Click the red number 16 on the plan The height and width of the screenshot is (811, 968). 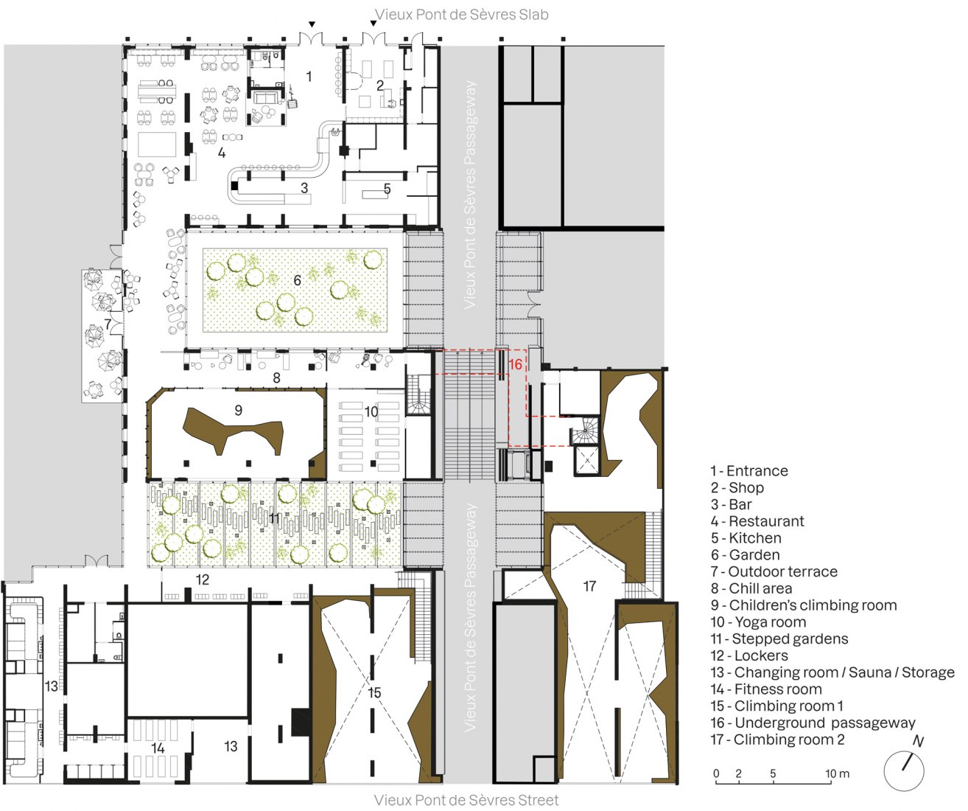pyautogui.click(x=515, y=364)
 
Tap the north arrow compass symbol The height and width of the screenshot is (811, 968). pyautogui.click(x=904, y=770)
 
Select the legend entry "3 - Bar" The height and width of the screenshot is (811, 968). pyautogui.click(x=731, y=504)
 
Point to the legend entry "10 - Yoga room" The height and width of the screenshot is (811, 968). pyautogui.click(x=758, y=622)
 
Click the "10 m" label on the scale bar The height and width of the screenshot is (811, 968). pyautogui.click(x=837, y=773)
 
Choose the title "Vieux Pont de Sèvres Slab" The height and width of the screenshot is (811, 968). pyautogui.click(x=462, y=14)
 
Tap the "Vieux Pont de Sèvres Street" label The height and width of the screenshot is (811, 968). pyautogui.click(x=466, y=800)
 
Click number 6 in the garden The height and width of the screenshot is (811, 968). pyautogui.click(x=298, y=280)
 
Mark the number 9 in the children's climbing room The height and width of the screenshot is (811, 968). pyautogui.click(x=238, y=410)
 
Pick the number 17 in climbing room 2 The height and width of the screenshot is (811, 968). pyautogui.click(x=589, y=586)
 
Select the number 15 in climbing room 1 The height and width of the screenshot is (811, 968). pyautogui.click(x=374, y=692)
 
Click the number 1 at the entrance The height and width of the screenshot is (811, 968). pyautogui.click(x=309, y=76)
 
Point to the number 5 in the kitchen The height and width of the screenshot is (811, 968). pyautogui.click(x=387, y=189)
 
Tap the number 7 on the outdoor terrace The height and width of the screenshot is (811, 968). pyautogui.click(x=108, y=324)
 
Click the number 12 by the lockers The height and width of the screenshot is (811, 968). pyautogui.click(x=203, y=580)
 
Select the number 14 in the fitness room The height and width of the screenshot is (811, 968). pyautogui.click(x=158, y=748)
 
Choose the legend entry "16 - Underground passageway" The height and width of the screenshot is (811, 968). pyautogui.click(x=813, y=723)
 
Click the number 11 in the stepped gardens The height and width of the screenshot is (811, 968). pyautogui.click(x=275, y=518)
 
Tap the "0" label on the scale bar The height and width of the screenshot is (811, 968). pyautogui.click(x=716, y=773)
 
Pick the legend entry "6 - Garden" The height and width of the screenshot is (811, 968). pyautogui.click(x=745, y=554)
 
